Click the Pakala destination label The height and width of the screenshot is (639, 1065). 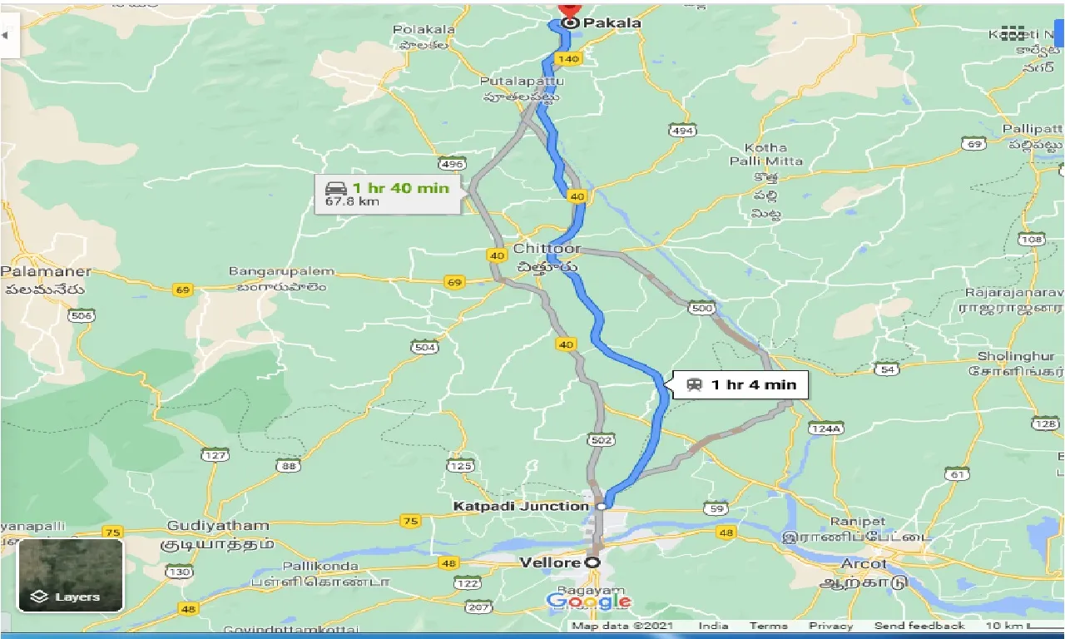coord(612,23)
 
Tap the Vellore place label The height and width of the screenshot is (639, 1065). coord(549,563)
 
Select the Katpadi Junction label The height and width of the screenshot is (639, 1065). coord(521,506)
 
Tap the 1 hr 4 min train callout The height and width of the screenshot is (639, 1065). coord(740,384)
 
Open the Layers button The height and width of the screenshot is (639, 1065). coord(71,574)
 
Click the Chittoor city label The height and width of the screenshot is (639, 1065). coord(547,249)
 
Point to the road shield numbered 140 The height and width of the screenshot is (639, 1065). coord(568,59)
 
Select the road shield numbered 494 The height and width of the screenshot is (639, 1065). coord(681,131)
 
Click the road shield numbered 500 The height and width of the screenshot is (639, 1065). coord(701,308)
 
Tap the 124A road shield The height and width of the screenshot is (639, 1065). coord(825,428)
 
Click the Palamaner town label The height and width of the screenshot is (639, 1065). coord(47,272)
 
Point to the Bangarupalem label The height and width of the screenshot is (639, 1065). coord(281,271)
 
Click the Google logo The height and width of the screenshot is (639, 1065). coord(588,602)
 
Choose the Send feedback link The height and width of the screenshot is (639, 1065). coord(919,626)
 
